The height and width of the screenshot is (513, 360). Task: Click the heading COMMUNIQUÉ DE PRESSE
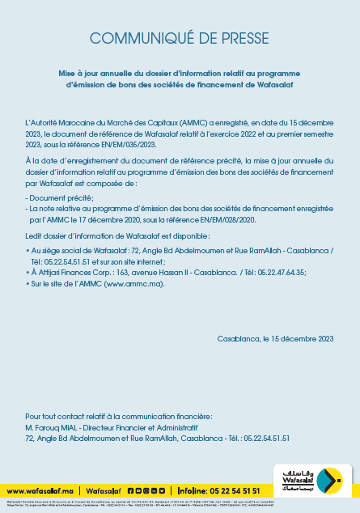click(x=180, y=38)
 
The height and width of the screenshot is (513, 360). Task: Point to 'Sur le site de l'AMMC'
click(x=66, y=284)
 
